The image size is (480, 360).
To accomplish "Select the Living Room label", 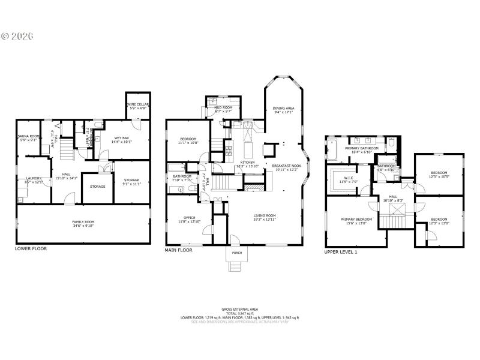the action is [264, 217].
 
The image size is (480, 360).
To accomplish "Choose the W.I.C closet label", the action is [349, 179].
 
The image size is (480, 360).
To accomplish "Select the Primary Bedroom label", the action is [356, 221].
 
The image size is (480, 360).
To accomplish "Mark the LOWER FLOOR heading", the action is [31, 248].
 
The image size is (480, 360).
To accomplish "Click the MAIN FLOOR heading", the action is [178, 250].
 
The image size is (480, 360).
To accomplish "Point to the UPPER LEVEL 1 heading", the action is [340, 251].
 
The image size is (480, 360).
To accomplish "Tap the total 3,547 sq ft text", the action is [240, 313].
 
